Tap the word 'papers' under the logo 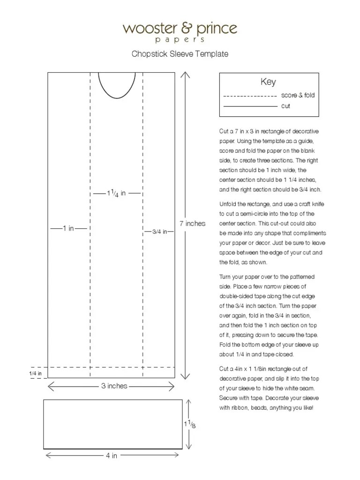pos(180,40)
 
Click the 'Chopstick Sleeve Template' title pos(180,54)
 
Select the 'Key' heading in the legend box pos(268,82)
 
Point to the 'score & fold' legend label pos(298,95)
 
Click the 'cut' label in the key pos(285,106)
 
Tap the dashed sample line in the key pos(250,96)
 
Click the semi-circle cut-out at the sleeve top pos(116,84)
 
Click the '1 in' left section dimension pos(69,229)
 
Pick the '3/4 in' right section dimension pos(159,232)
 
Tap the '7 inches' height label pos(192,224)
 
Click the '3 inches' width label pos(114,386)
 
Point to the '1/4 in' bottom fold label pos(36,373)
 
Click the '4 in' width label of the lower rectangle pos(112,456)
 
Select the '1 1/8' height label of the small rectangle pos(189,425)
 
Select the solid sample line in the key pos(250,106)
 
